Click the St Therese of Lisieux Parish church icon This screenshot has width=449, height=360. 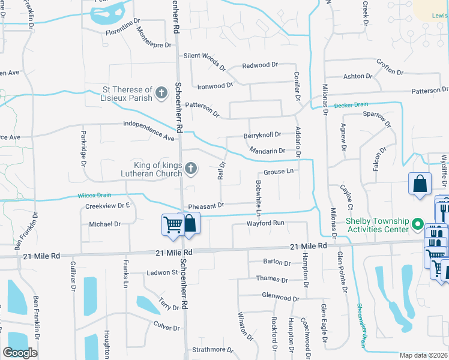pos(161,92)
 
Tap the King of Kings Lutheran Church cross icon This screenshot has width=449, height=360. pos(190,168)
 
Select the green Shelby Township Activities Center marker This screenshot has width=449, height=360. pos(418,226)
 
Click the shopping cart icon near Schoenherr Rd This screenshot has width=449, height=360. pos(173,224)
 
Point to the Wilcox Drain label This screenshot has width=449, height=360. pos(95,196)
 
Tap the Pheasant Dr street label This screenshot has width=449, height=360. pos(206,205)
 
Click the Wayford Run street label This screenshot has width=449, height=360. pos(265,223)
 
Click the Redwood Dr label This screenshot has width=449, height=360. pos(260,64)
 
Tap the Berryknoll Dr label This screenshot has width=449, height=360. pos(263,136)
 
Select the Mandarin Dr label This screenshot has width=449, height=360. pos(267,151)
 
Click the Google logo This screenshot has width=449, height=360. pos(20,352)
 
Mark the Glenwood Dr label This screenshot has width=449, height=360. pos(280,297)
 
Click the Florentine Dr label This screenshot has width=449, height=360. pos(127,28)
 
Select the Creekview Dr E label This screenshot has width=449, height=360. pos(107,205)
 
